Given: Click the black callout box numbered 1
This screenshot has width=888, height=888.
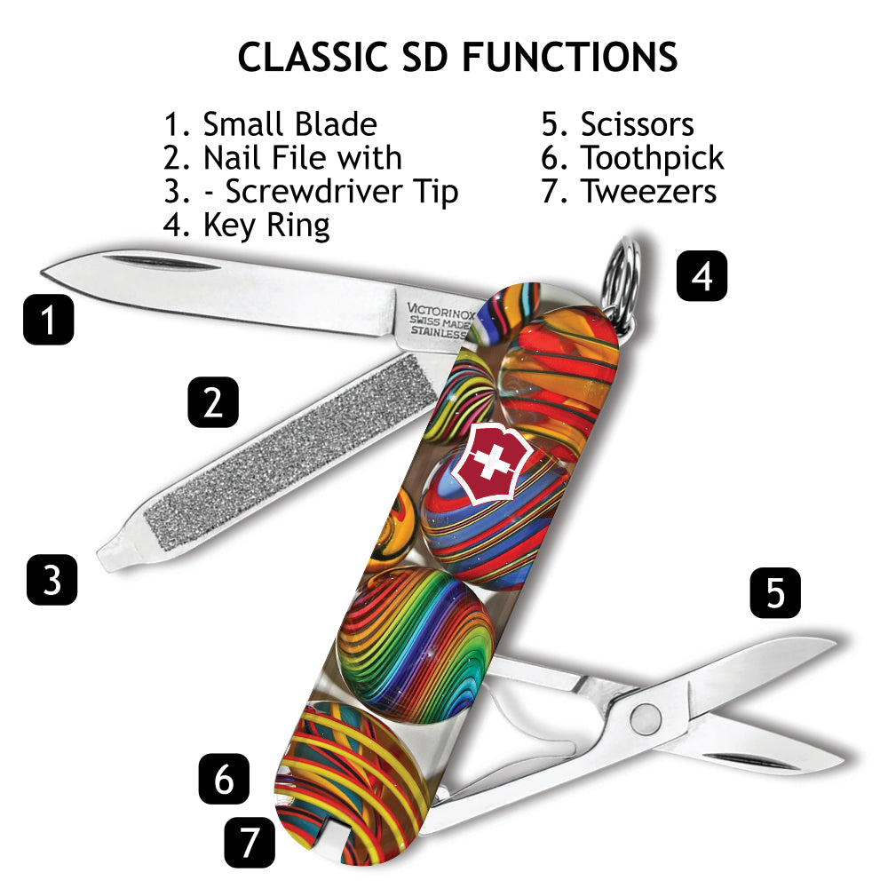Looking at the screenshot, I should (48, 319).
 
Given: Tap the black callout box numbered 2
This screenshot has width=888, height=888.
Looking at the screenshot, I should (213, 402).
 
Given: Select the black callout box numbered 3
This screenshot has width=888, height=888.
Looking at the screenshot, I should (52, 580).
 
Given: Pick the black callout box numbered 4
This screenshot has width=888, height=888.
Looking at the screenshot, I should (702, 275).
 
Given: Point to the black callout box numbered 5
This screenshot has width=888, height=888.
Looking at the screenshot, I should (775, 592).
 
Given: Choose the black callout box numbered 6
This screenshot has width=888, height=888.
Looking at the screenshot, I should (224, 779).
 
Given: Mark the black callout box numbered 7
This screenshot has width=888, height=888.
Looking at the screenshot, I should (250, 842).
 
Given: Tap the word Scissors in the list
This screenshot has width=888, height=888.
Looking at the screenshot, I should (637, 124).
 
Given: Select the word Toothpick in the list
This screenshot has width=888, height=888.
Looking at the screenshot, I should (652, 158).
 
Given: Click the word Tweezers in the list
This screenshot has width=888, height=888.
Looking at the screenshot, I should (648, 191).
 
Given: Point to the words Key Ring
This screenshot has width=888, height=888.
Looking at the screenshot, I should (266, 226).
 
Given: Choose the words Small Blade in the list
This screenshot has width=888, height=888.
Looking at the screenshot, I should (289, 124).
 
